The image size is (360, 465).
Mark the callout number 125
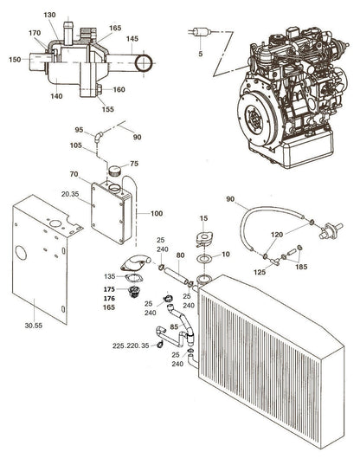tap(260, 273)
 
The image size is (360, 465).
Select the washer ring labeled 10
tap(204, 258)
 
